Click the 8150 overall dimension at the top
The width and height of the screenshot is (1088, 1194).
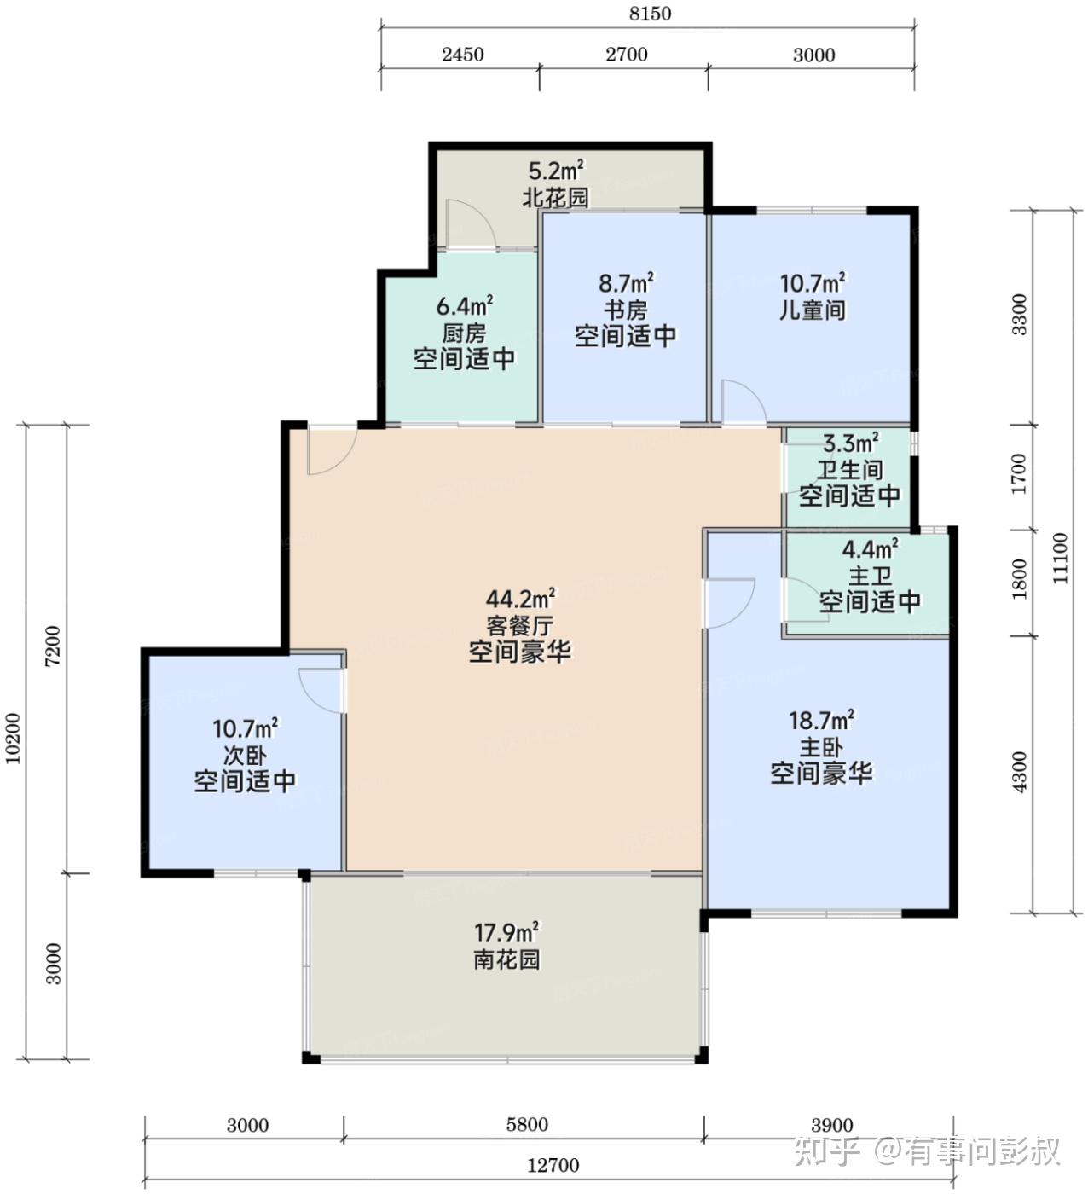tap(650, 14)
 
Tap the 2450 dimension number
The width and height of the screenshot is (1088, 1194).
tap(462, 55)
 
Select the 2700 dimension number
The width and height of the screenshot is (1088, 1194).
tap(626, 55)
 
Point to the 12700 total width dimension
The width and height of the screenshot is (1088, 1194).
tap(553, 1165)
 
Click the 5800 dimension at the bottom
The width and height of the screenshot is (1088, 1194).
tap(527, 1124)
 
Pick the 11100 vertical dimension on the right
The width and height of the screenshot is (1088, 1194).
tap(1060, 559)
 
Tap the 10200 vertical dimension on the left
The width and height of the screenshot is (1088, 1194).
tap(13, 739)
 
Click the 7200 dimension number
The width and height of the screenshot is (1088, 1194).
tap(53, 646)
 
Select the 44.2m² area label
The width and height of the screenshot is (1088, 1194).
tap(521, 599)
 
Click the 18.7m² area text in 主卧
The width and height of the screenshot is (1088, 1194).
tap(821, 720)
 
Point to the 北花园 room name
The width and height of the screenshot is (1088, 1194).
tap(556, 198)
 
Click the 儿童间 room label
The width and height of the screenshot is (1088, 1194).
tap(813, 310)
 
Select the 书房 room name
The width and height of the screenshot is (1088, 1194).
tap(626, 310)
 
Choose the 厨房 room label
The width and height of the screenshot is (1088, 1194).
tap(464, 333)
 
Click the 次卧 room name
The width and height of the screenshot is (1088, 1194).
tap(245, 756)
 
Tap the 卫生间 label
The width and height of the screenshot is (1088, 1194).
tap(849, 470)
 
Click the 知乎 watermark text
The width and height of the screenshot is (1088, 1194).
tap(827, 1151)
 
